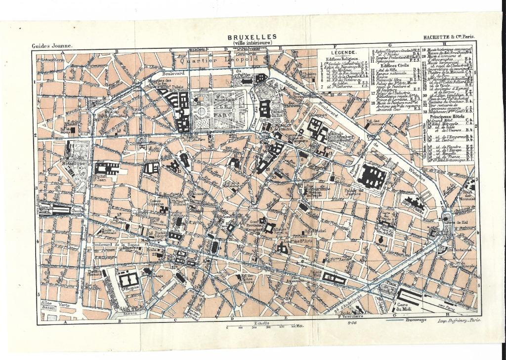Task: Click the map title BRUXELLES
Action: click(x=252, y=38)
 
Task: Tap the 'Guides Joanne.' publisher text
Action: click(x=52, y=46)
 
